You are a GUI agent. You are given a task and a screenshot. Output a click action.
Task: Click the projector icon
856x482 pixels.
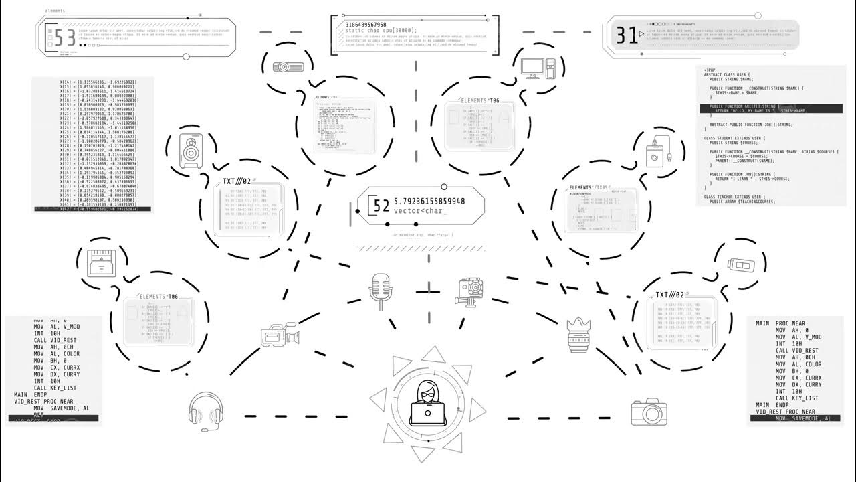pos(288,66)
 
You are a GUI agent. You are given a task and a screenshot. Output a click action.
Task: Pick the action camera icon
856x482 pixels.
pos(471,291)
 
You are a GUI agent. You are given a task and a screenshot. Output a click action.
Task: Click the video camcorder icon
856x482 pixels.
pos(279,335)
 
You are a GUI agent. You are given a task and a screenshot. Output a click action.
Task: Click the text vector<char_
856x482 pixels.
pos(419,211)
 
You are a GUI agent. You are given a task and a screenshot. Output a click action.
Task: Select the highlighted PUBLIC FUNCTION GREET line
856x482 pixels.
pos(768,108)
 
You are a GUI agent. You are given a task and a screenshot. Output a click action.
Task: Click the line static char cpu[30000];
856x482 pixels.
pos(381,31)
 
